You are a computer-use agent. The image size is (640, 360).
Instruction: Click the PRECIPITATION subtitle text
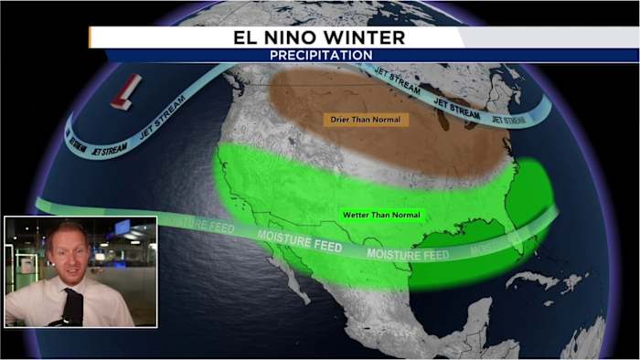[x=321, y=55]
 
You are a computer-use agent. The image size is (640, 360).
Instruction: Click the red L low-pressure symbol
[x=126, y=92]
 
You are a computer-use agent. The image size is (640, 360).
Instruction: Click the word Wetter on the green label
[x=356, y=216]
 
